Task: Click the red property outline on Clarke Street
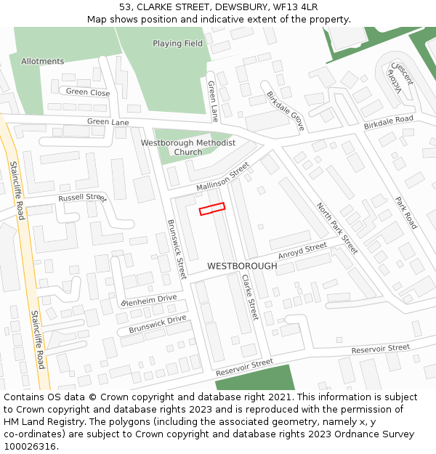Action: click(x=212, y=208)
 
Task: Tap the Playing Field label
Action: click(x=177, y=44)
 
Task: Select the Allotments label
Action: click(x=42, y=62)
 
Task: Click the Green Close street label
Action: click(x=88, y=92)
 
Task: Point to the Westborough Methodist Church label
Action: click(x=188, y=147)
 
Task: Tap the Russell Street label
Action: click(x=82, y=198)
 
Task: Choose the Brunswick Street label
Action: click(x=177, y=250)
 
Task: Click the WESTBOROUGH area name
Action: click(x=242, y=267)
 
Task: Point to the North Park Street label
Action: click(x=336, y=227)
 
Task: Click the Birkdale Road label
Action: click(x=388, y=121)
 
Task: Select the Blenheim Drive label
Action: click(x=150, y=300)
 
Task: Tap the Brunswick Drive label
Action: click(x=158, y=324)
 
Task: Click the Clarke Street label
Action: click(x=249, y=297)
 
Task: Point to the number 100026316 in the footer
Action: click(x=30, y=447)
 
